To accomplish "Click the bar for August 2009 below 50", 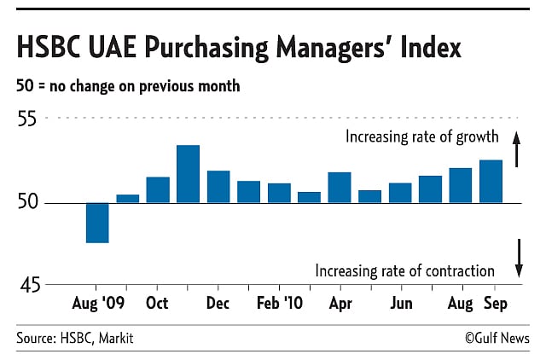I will point(97,223).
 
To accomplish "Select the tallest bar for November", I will point(188,174).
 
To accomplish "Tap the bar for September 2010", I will point(491,181).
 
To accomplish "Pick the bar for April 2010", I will point(340,187).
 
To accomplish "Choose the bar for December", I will point(218,186).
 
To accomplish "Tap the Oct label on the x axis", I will point(157,304).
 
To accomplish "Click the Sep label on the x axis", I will point(497,304).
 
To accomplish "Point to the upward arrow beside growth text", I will point(516,142).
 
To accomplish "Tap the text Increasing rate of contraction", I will point(404,270).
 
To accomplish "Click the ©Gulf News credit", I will point(497,339).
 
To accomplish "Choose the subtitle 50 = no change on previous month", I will point(128,86).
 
